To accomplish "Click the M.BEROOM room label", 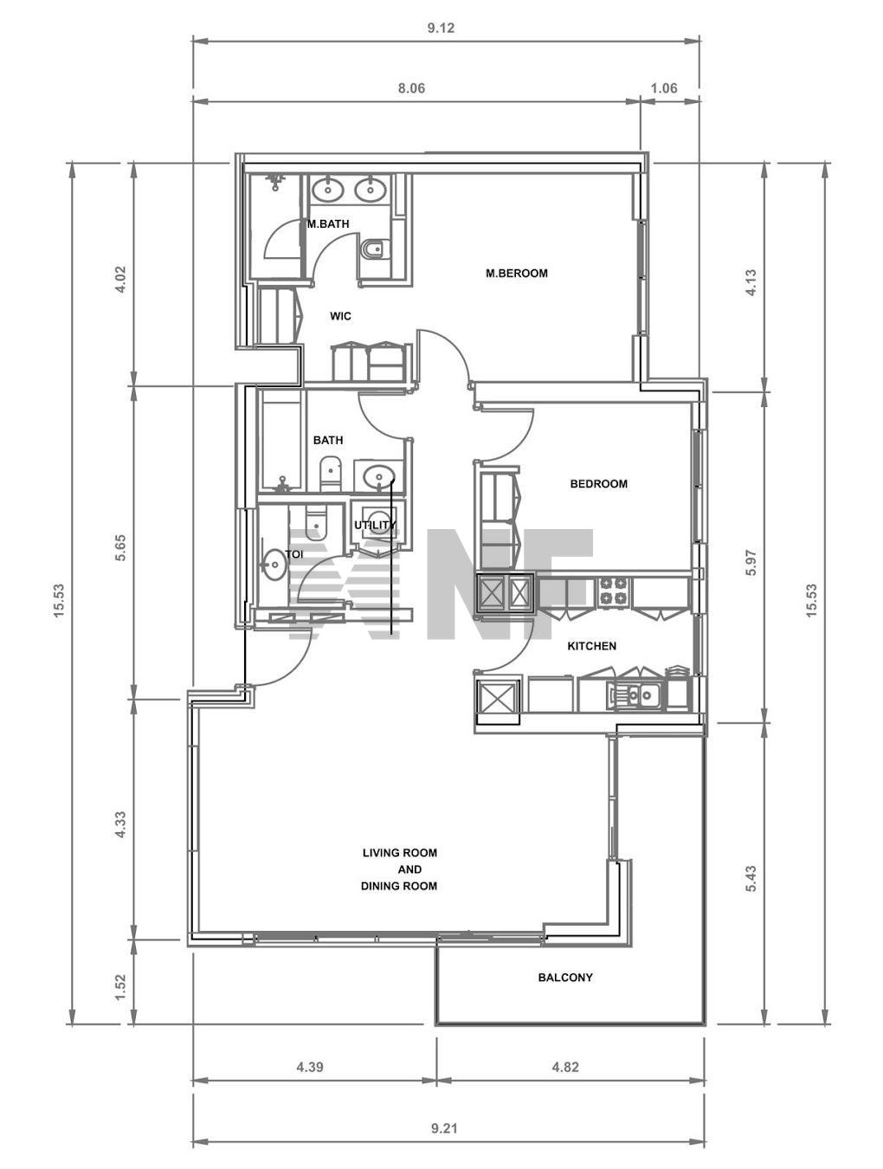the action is coord(516,274).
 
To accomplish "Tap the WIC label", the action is coord(340,316).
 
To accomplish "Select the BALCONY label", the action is coord(565,978).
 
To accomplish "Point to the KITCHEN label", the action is coord(592,646).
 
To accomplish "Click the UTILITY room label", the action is coord(375,526).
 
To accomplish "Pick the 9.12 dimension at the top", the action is coord(441,28).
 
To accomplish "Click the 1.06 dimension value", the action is coord(664,87).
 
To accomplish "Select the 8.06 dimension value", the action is coord(411,87).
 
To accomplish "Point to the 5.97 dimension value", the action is coord(751,562).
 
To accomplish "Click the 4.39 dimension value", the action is coord(310,1067).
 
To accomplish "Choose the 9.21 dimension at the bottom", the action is coord(444,1128).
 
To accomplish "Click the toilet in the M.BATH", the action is coord(375,249).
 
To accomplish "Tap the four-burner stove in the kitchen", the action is coord(613,591).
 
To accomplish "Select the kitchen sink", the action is coord(634,695).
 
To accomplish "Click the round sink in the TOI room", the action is coord(274,565).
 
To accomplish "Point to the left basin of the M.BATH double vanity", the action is coord(327,189).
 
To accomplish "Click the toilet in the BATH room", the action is coord(331,474).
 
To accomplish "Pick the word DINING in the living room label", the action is coord(378,886).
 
